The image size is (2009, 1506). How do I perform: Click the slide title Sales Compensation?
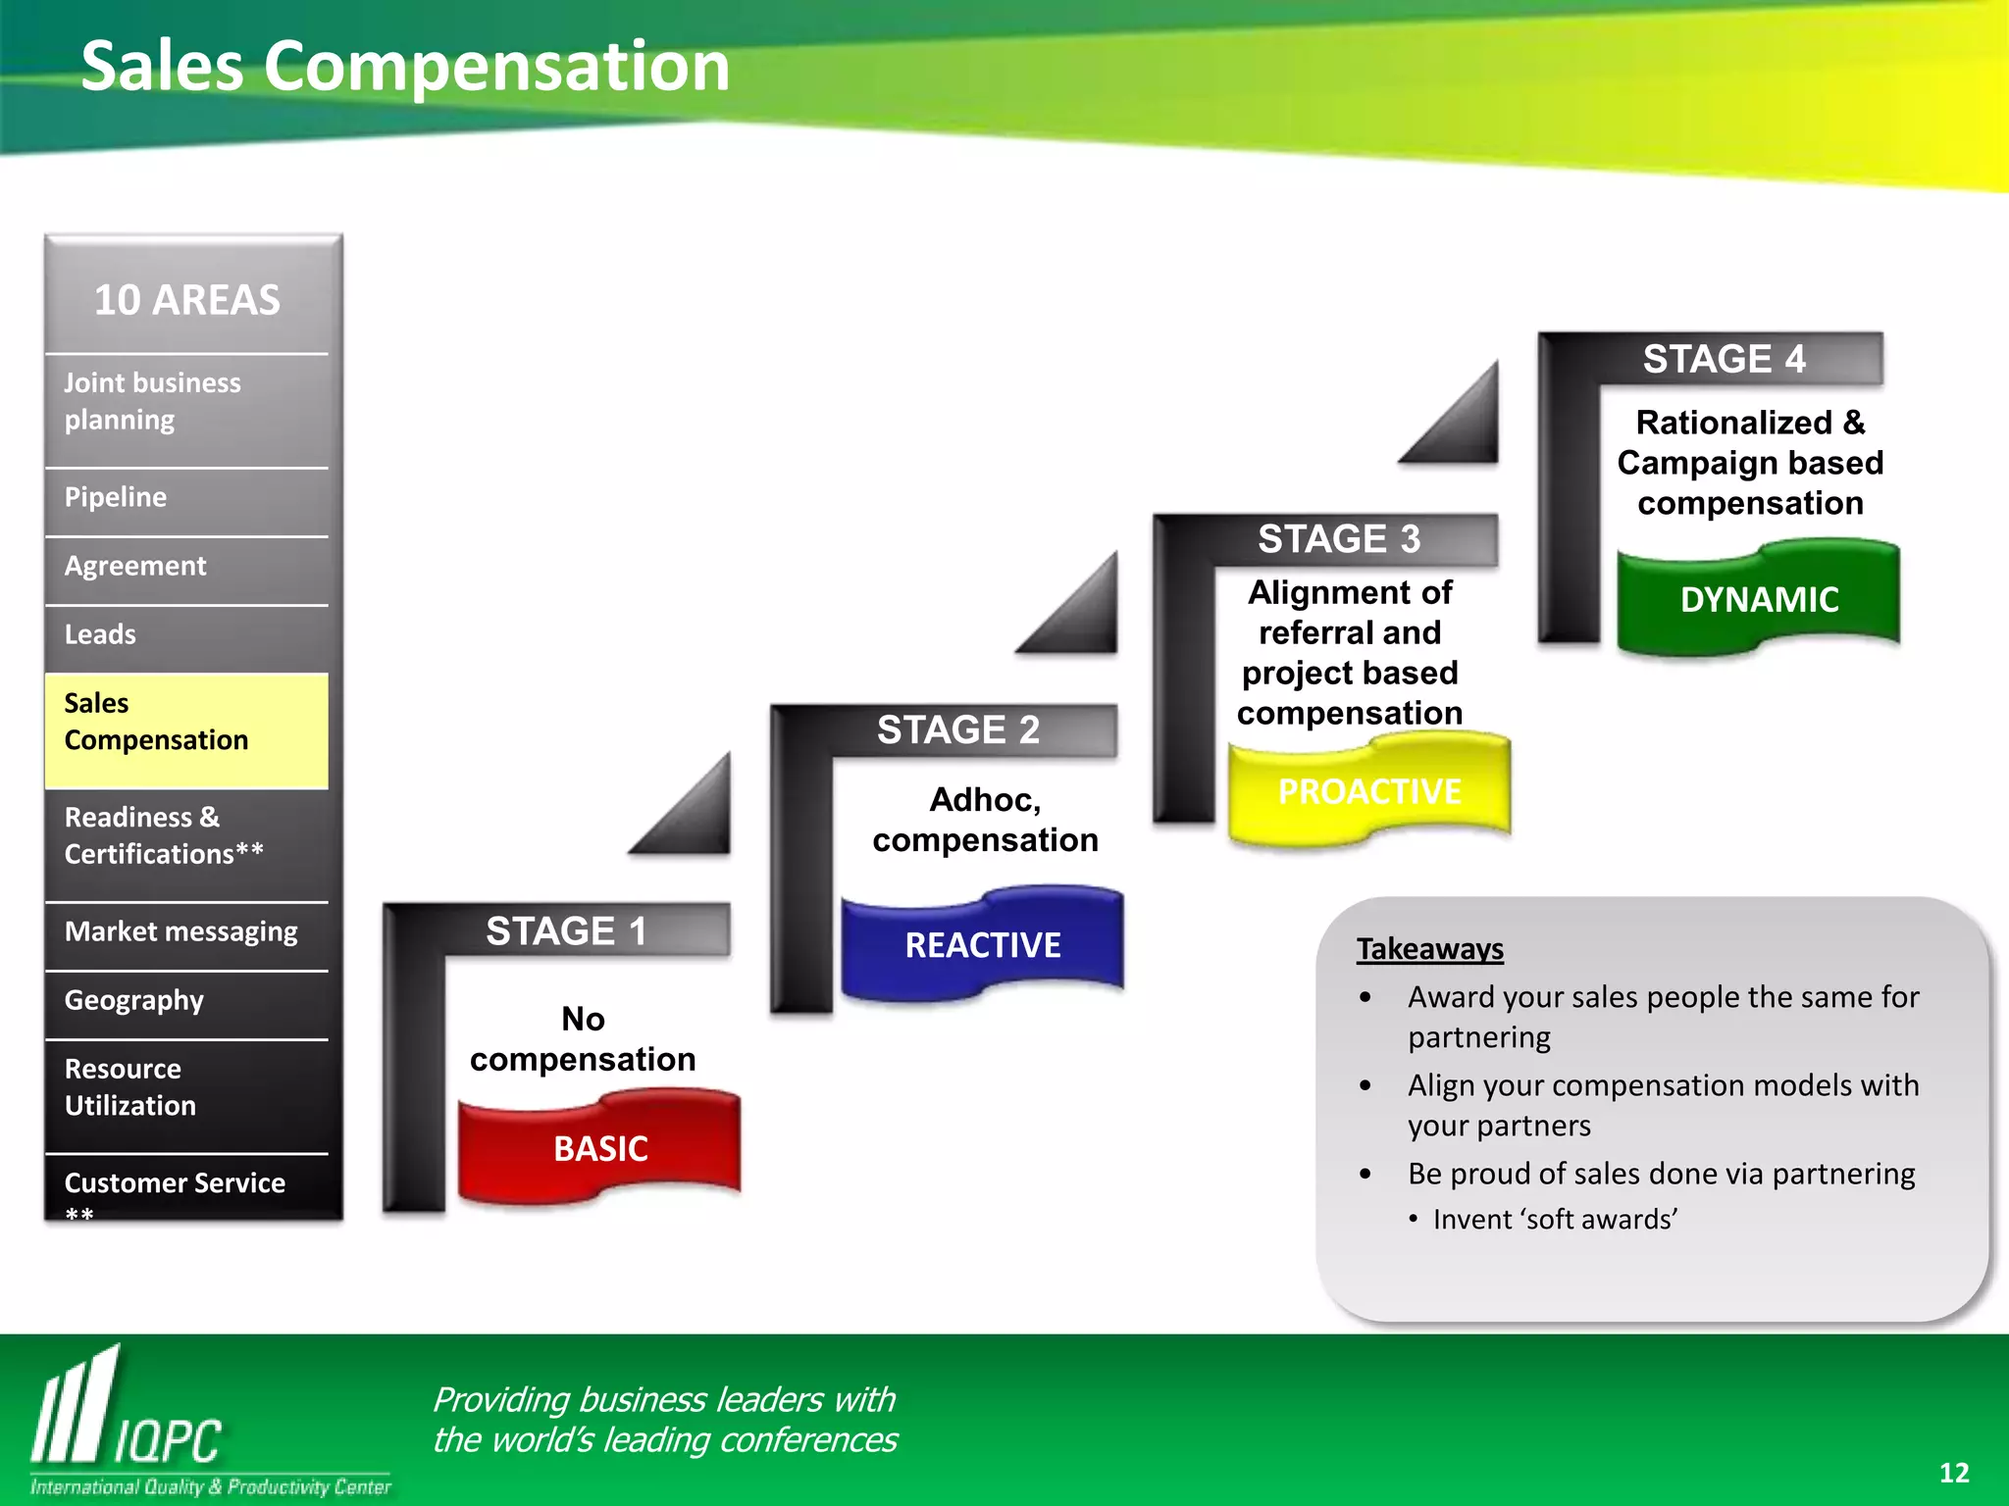click(x=405, y=67)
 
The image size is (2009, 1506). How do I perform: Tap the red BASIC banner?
click(x=599, y=1147)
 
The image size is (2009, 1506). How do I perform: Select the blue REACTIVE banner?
click(x=982, y=944)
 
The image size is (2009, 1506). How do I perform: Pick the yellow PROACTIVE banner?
click(x=1368, y=790)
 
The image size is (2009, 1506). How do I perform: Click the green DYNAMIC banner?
click(x=1758, y=599)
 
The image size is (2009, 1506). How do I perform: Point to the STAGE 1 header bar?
click(x=567, y=929)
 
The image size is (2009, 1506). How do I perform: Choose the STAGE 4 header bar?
click(x=1724, y=359)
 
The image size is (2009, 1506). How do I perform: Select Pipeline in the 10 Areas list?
click(x=116, y=497)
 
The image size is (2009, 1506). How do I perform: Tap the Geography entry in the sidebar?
click(x=134, y=1000)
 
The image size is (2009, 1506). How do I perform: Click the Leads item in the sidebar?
click(x=100, y=634)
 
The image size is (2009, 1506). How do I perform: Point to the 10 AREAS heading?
click(x=186, y=299)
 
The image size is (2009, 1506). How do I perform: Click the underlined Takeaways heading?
click(x=1429, y=948)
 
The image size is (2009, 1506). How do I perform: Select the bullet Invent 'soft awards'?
click(x=1554, y=1219)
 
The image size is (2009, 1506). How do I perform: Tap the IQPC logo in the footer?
click(x=128, y=1422)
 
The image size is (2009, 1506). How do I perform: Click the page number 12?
click(x=1953, y=1473)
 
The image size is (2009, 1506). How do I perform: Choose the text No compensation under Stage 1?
click(x=583, y=1039)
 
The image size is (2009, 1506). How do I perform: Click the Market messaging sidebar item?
click(x=181, y=931)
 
